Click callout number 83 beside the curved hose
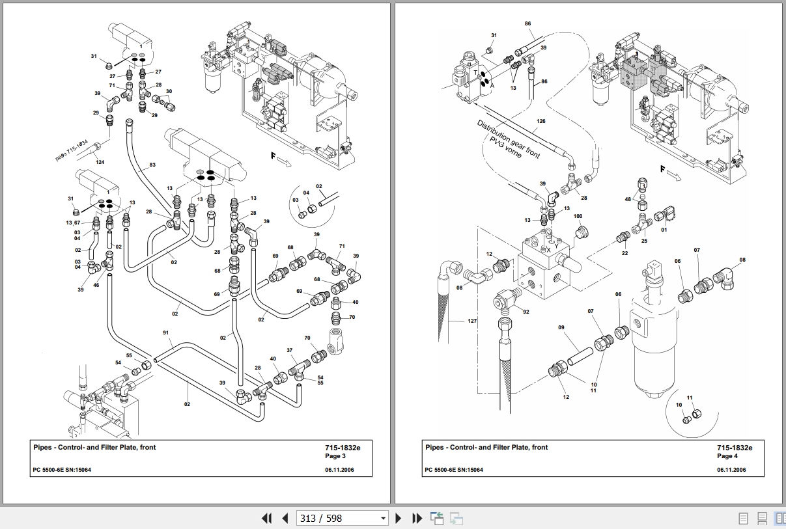(x=152, y=165)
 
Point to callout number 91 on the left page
(x=166, y=333)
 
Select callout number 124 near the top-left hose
(x=100, y=162)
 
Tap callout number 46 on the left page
(x=96, y=285)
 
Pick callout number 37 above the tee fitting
(x=290, y=351)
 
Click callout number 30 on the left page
(x=169, y=92)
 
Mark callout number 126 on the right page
(x=541, y=121)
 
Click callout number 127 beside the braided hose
(x=473, y=320)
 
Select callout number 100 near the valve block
(x=578, y=216)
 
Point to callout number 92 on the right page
(x=526, y=312)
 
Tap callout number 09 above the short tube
(x=561, y=328)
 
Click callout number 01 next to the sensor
(x=664, y=229)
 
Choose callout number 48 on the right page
(x=628, y=200)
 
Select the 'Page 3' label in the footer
(x=335, y=456)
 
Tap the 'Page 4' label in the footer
(x=727, y=456)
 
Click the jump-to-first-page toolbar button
(x=266, y=519)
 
